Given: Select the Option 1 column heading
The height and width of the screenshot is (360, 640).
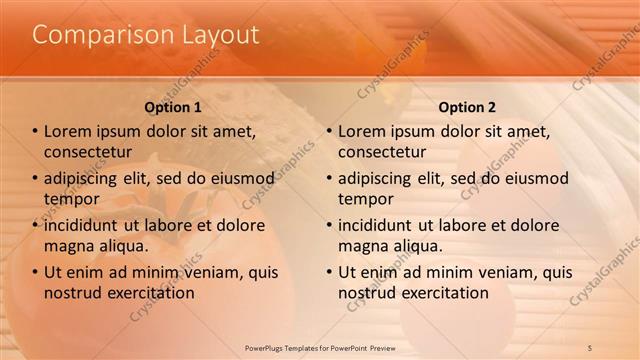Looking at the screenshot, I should click(x=173, y=107).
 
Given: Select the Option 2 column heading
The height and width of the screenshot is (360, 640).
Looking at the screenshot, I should click(x=467, y=107).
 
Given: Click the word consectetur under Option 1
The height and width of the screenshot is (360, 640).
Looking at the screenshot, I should click(x=89, y=153).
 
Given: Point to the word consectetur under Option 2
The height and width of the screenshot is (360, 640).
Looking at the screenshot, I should click(x=383, y=153).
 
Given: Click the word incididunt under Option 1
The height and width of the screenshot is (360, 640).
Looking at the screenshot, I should click(x=88, y=225).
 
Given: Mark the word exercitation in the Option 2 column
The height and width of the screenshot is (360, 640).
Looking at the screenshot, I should click(x=442, y=293).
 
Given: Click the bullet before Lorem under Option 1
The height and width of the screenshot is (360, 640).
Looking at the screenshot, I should click(x=36, y=132).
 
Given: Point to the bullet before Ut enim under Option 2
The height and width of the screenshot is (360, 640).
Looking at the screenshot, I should click(x=330, y=272).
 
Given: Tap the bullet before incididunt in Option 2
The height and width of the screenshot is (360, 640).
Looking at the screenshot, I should click(x=330, y=225).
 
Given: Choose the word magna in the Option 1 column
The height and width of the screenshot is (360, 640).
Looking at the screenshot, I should click(x=69, y=246).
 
